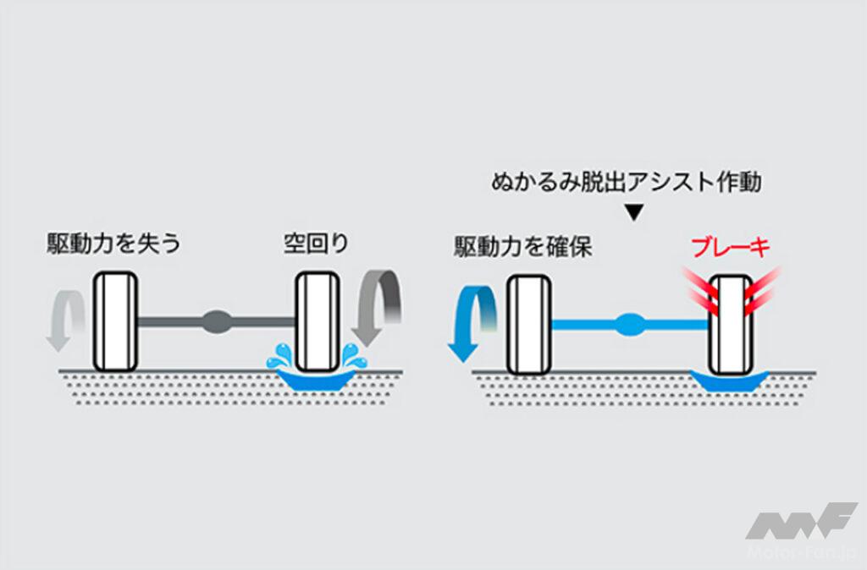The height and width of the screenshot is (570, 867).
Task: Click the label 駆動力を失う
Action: click(x=113, y=245)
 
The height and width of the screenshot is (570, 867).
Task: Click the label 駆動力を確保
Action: click(x=522, y=247)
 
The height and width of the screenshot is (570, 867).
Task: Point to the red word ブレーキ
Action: click(x=730, y=248)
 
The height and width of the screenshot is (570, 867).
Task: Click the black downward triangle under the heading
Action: click(x=633, y=214)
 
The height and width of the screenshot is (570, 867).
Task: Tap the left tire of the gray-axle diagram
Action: click(x=115, y=321)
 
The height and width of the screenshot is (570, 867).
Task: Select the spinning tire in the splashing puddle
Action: click(x=318, y=321)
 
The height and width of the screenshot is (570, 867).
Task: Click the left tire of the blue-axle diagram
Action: click(x=528, y=325)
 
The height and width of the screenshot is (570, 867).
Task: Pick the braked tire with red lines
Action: click(x=730, y=325)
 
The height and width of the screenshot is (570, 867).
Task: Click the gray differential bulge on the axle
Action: click(x=217, y=321)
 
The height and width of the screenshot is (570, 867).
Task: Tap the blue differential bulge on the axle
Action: click(x=629, y=323)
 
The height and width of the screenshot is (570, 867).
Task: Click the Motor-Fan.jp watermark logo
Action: click(x=800, y=529)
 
